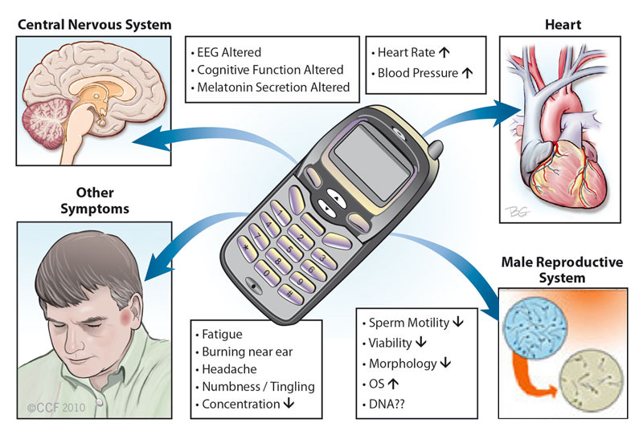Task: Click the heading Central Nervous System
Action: (x=95, y=25)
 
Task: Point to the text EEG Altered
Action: (x=228, y=53)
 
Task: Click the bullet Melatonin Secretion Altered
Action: (x=273, y=87)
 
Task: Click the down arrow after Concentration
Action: (x=289, y=404)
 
